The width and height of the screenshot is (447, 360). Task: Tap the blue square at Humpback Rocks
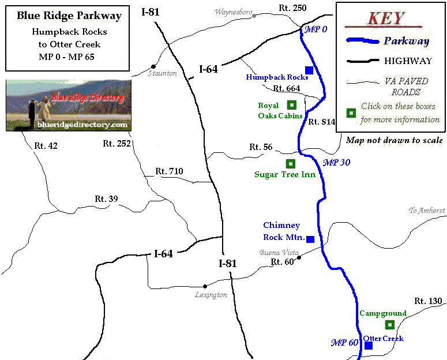tap(309, 70)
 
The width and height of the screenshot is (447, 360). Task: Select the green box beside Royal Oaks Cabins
tap(292, 104)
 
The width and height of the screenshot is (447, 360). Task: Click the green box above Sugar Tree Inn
tap(290, 163)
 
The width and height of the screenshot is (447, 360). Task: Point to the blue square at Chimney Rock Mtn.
tap(310, 239)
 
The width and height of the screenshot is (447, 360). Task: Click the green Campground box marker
tap(390, 325)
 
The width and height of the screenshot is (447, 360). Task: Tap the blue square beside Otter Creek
tap(369, 346)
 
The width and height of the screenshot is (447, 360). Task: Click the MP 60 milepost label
tap(345, 343)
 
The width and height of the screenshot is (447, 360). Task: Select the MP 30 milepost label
tap(336, 163)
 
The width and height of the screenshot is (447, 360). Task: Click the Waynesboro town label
tap(234, 12)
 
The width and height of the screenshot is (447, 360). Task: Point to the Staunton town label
tap(162, 73)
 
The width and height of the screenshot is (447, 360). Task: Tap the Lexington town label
tap(211, 295)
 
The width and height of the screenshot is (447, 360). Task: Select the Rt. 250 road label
tap(292, 8)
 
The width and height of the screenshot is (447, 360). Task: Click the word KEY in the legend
tap(386, 17)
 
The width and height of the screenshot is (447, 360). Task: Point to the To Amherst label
tap(427, 211)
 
